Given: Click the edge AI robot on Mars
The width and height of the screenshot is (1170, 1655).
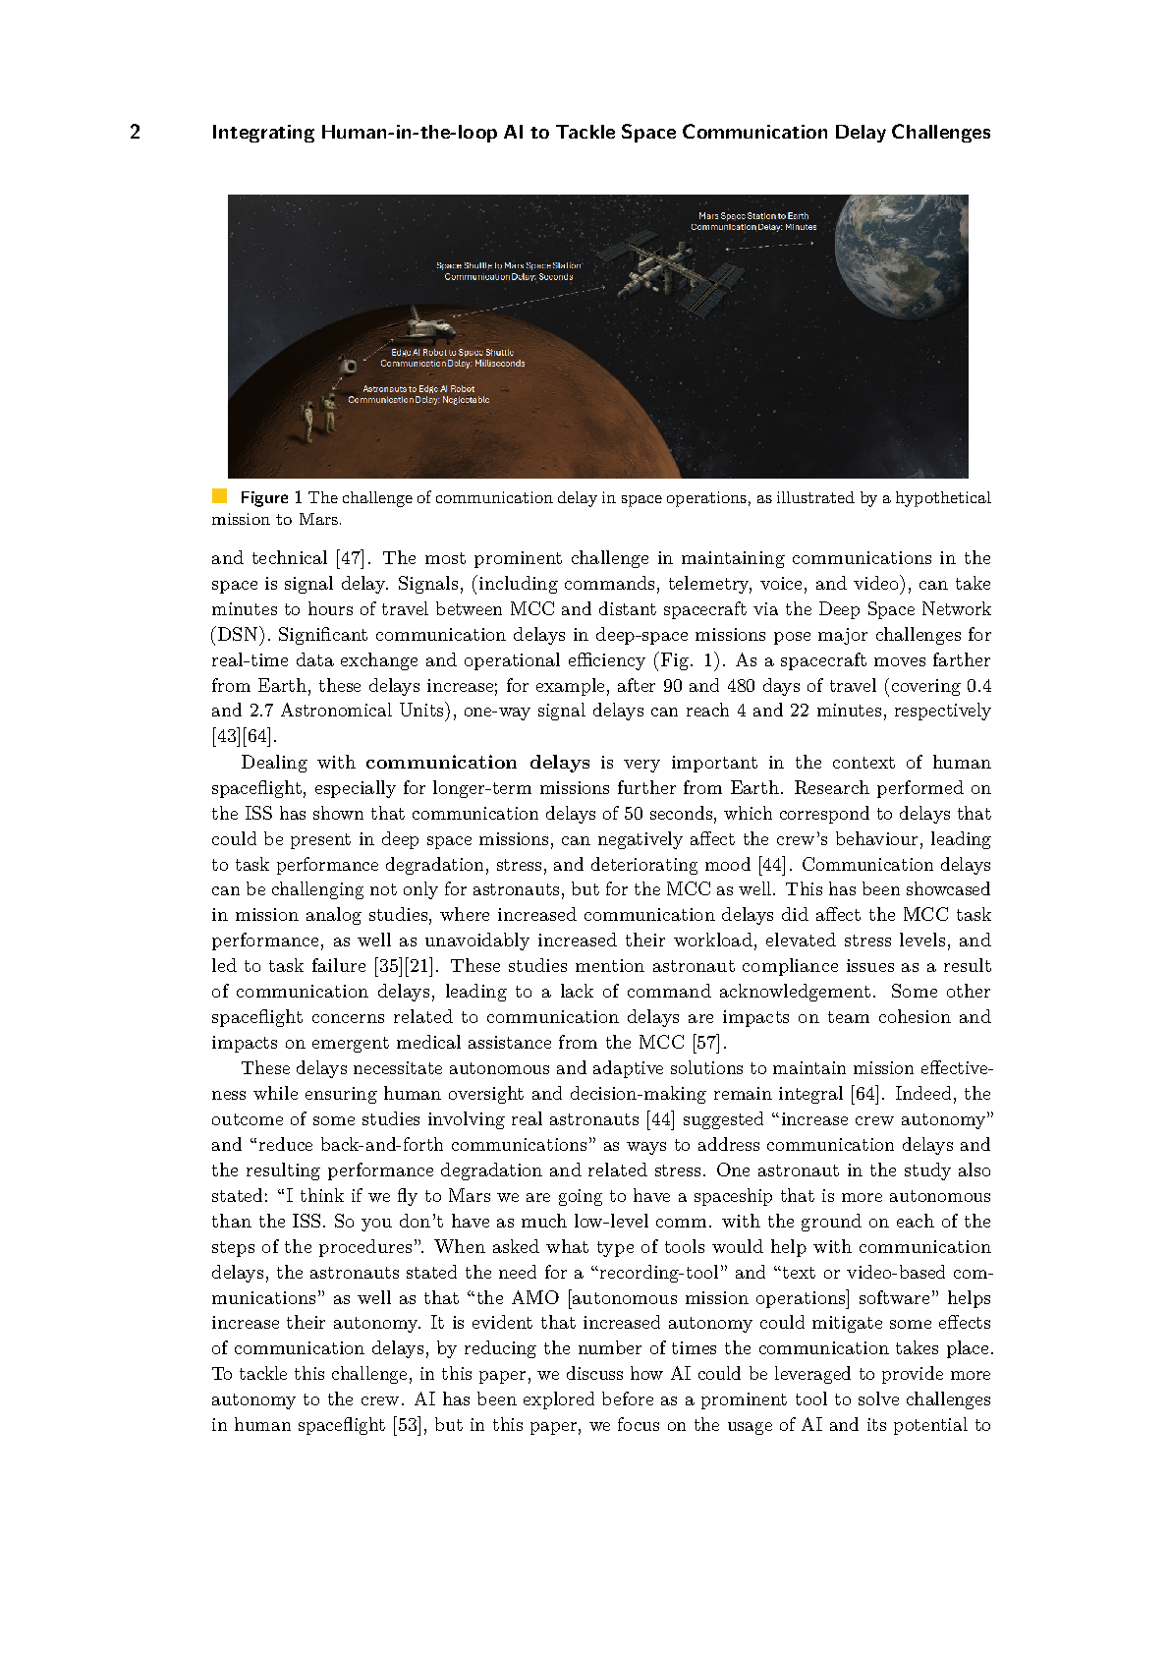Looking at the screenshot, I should click(x=349, y=367).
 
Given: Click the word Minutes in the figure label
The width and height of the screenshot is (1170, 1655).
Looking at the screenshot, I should click(x=801, y=227).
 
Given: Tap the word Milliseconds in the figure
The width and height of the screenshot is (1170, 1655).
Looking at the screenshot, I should click(x=500, y=364).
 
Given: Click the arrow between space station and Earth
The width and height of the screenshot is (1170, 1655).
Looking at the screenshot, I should click(x=770, y=246).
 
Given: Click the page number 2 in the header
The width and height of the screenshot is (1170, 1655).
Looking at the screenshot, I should click(x=135, y=132).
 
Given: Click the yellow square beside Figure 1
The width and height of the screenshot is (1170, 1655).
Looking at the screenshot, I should click(x=219, y=496).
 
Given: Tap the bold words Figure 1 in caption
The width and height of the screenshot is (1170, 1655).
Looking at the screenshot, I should click(x=271, y=497).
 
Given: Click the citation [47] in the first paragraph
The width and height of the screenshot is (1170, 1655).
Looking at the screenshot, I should click(x=351, y=558).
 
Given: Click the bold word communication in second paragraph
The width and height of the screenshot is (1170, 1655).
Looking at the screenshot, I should click(x=440, y=763).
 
